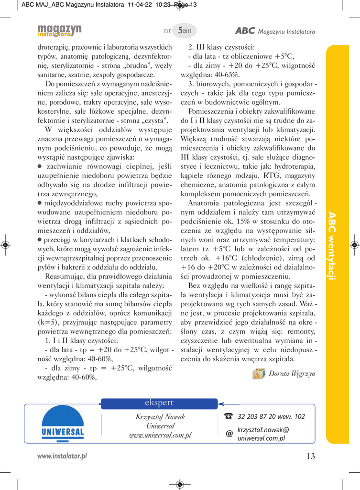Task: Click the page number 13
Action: (310, 456)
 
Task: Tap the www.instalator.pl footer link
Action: (62, 456)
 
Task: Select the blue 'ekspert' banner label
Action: (159, 403)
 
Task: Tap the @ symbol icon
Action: (229, 434)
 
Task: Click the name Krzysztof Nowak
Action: (160, 417)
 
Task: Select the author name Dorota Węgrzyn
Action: (292, 374)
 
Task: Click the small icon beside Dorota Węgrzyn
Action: (259, 373)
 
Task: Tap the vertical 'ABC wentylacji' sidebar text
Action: (332, 246)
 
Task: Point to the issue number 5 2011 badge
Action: (184, 31)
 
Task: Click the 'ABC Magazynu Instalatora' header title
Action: (275, 31)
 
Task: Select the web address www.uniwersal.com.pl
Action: (160, 435)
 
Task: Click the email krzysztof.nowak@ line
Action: (263, 429)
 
